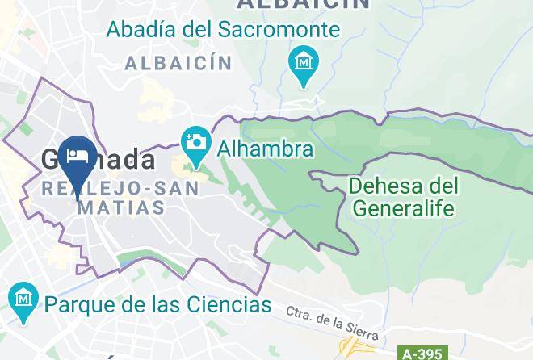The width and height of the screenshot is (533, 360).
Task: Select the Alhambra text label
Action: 262,149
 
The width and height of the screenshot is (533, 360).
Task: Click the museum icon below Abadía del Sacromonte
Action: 304,63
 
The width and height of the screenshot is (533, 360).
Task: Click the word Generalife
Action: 404,208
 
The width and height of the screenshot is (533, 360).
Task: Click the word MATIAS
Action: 121,207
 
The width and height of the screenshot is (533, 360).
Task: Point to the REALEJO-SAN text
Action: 120,187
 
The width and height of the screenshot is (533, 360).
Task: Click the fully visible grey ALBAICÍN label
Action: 178,63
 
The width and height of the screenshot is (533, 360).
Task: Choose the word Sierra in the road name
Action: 359,331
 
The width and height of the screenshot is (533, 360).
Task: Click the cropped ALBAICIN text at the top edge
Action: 303,4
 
